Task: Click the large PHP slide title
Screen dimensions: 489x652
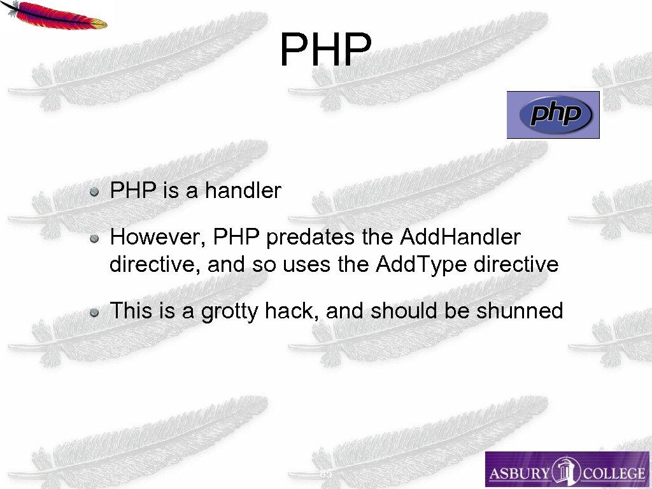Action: [x=325, y=50]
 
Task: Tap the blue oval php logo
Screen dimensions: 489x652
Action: [x=553, y=115]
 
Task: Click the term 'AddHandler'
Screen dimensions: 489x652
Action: [x=460, y=237]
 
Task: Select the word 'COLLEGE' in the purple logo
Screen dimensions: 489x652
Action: [x=614, y=473]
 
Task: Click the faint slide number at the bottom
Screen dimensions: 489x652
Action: [x=325, y=474]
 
